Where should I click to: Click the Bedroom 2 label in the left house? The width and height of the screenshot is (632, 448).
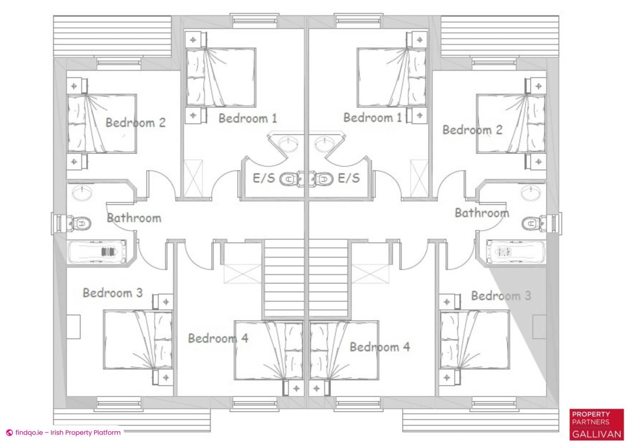135,123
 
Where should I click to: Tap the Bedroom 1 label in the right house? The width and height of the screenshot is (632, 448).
373,118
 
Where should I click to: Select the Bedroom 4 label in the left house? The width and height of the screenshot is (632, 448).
218,338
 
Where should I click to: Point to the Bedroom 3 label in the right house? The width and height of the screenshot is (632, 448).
501,296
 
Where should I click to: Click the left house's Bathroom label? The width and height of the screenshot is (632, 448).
134,218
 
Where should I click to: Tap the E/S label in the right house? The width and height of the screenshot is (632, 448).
349,178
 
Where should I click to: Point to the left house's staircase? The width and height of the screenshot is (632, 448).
284,278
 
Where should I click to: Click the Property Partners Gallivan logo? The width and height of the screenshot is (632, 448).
596,424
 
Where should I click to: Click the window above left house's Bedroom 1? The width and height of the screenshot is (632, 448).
254,20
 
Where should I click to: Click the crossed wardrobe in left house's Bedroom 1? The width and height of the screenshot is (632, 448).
193,178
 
